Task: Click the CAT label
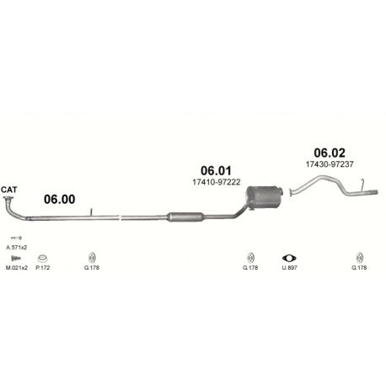8,190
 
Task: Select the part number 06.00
60,199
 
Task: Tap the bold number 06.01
216,171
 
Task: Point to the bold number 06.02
330,153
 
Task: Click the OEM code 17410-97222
217,182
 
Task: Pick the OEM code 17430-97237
330,164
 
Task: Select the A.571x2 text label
17,248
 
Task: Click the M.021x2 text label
17,268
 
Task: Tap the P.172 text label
43,268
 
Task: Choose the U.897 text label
289,268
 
